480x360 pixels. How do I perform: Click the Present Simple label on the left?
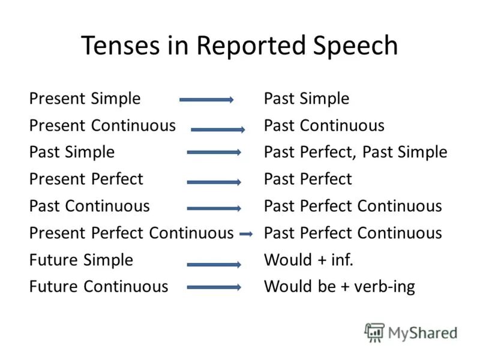[85, 98]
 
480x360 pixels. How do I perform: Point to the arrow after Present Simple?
[206, 100]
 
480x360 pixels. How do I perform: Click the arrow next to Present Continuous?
[218, 129]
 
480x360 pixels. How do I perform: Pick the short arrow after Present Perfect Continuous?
[245, 235]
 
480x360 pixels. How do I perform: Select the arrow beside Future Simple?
[214, 264]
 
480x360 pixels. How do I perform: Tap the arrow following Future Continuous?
[214, 288]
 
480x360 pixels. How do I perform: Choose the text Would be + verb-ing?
[339, 287]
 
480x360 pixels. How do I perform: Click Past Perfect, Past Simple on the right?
[355, 152]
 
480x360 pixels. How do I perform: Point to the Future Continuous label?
[98, 287]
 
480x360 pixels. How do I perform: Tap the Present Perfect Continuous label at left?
[131, 233]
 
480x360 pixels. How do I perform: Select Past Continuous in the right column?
[324, 125]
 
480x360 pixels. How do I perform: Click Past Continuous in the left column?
[89, 206]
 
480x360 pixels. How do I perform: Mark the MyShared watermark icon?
[374, 332]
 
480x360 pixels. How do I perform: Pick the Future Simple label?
[81, 260]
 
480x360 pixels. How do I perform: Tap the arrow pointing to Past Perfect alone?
[214, 181]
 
